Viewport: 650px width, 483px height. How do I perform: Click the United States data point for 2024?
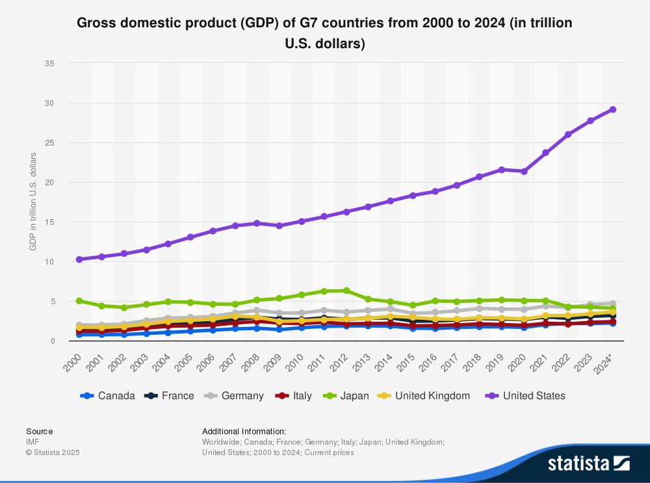point(612,109)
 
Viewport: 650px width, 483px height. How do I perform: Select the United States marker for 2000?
point(79,259)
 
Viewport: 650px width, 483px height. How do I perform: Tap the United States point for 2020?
point(524,171)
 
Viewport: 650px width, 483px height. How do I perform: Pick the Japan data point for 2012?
point(346,291)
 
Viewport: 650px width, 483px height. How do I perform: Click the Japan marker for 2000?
point(79,301)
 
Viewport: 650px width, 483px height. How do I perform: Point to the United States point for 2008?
point(257,223)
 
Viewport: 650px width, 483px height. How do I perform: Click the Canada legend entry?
point(107,395)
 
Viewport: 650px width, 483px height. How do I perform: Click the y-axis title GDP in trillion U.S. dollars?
point(32,202)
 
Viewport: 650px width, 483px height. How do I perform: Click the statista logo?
point(588,463)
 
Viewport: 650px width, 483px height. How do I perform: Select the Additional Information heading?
point(244,431)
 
